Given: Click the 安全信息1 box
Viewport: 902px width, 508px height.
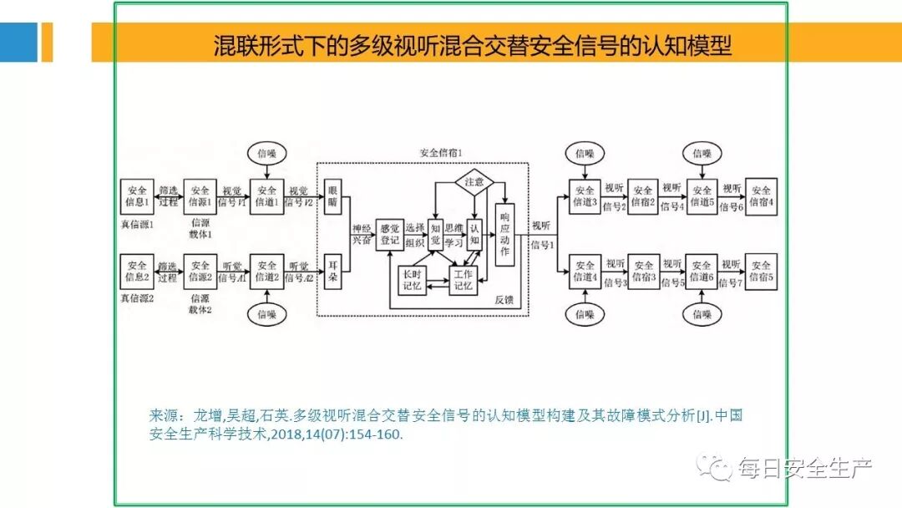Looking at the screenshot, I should point(137,196).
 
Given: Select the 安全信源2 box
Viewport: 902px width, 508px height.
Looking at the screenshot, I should point(200,271).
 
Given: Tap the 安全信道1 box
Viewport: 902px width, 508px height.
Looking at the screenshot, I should point(266,196).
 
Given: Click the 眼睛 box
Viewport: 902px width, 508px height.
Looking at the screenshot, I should point(333,196).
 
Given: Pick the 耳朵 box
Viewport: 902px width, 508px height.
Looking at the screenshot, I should point(333,271).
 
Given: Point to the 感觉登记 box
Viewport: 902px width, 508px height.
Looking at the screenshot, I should point(390,234).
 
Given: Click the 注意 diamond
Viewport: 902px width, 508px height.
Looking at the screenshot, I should point(474,180).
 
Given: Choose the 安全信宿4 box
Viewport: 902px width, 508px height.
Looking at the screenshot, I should point(760,196).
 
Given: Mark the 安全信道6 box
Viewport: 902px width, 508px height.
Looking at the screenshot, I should point(701,271).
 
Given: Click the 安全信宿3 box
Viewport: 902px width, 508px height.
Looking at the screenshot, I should point(642,271).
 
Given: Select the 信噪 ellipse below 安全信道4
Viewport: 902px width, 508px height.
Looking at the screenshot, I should point(584,314).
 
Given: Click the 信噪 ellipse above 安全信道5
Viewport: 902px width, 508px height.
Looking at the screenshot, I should point(701,153).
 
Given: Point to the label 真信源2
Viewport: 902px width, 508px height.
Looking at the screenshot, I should point(137,298).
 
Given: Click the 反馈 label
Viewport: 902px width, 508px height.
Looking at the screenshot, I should point(504,299).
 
